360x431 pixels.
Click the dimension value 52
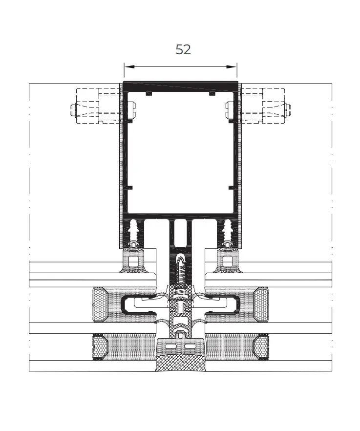click(x=183, y=49)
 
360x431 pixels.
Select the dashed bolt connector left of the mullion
click(x=96, y=106)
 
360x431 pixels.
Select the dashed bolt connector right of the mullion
click(x=265, y=106)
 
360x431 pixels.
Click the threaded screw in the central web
click(x=180, y=269)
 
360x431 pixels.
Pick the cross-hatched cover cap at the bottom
click(x=180, y=364)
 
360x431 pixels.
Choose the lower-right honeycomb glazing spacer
click(x=261, y=348)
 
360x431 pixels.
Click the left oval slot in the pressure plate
click(x=172, y=345)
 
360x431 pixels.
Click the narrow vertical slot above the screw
click(x=180, y=232)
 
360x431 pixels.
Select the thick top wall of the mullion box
click(x=180, y=86)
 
